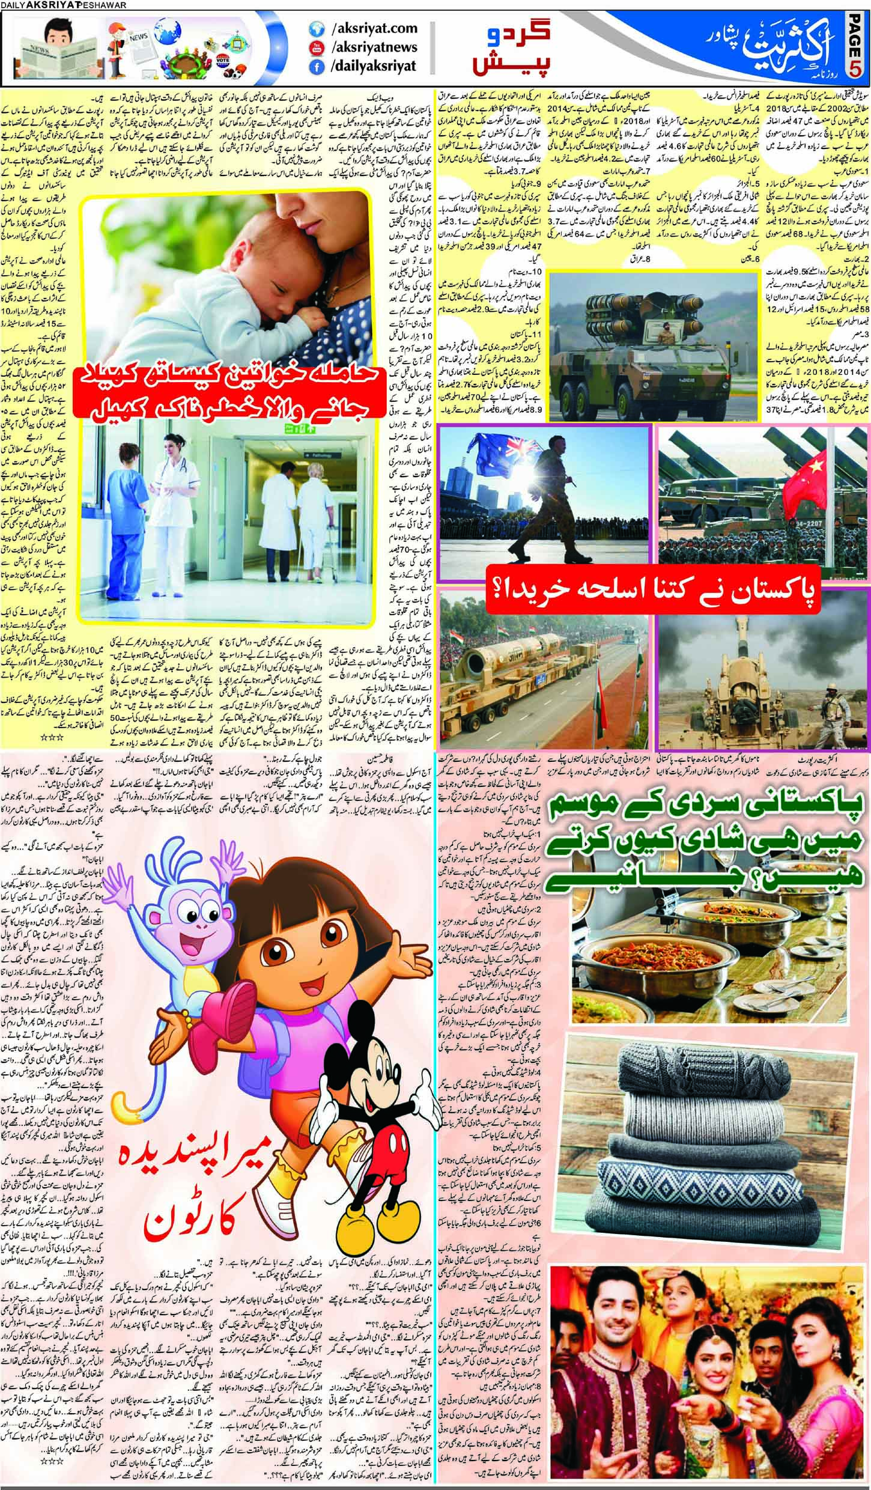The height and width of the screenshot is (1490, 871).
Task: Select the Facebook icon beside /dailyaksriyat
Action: (314, 68)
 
